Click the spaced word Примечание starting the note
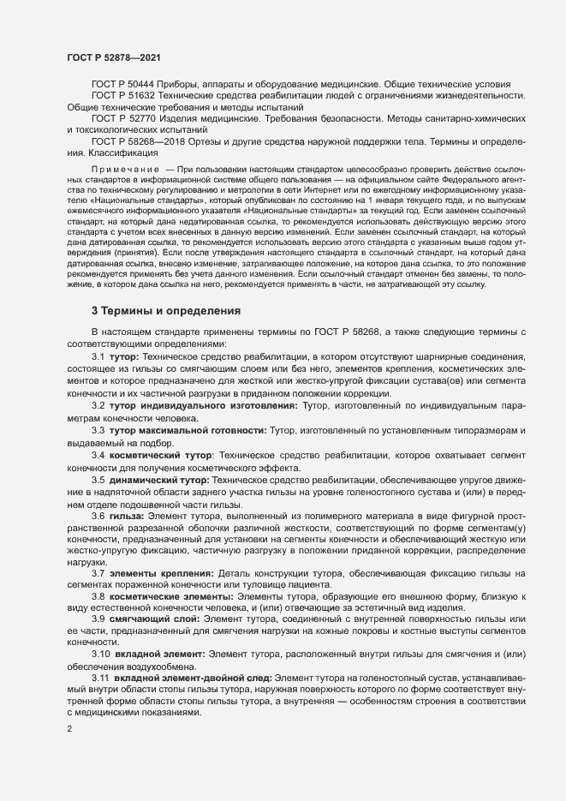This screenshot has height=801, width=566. click(x=125, y=170)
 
